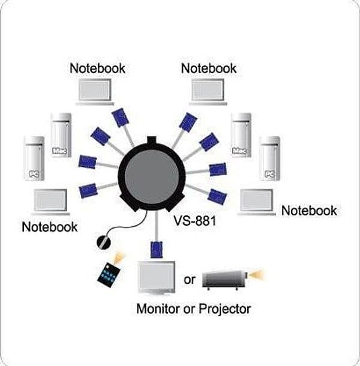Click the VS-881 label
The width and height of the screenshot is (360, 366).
[195, 220]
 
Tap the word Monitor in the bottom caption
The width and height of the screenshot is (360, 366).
[158, 308]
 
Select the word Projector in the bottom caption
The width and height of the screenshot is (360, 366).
[225, 309]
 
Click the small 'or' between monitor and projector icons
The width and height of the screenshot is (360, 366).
[190, 280]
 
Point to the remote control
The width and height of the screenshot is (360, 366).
[109, 272]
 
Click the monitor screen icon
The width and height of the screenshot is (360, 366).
[156, 278]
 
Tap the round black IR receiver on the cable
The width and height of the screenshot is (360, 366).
[103, 242]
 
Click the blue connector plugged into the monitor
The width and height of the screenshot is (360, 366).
[156, 250]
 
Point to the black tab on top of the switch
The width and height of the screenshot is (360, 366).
[152, 140]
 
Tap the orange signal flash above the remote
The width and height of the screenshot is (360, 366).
[118, 257]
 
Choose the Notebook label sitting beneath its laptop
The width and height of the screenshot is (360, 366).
[49, 227]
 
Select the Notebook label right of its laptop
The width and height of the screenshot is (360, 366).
[309, 211]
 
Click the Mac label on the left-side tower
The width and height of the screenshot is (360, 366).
[59, 151]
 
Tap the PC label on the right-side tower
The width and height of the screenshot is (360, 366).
[269, 174]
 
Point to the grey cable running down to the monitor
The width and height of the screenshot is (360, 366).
[157, 226]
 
